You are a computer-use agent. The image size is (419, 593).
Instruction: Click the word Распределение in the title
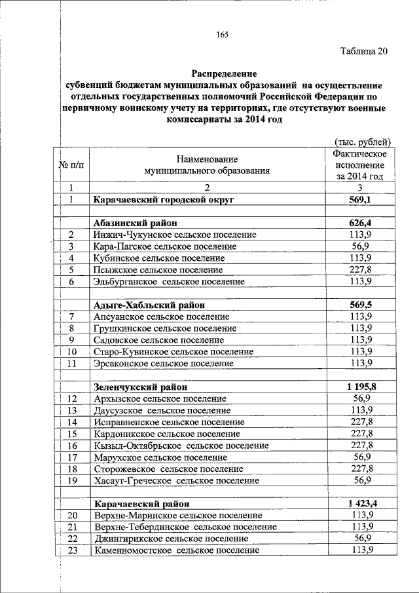225,74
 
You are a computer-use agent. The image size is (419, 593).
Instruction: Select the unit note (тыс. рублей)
362,142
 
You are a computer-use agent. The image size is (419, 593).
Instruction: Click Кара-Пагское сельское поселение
165,246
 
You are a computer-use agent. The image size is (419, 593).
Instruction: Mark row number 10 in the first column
72,351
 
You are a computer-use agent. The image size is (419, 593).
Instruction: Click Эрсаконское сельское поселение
164,363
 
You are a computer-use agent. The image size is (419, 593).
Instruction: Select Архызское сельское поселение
160,398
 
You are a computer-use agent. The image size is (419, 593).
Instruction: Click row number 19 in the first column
72,480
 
